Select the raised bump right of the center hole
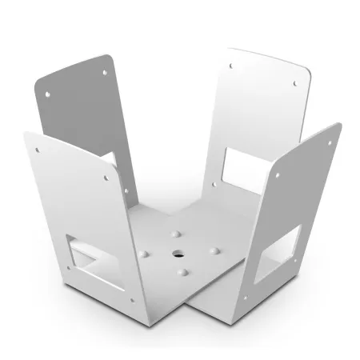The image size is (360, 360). [212, 250]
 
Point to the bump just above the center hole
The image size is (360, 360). [174, 234]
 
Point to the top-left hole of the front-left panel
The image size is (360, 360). [35, 150]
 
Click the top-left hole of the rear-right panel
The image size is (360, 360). [233, 66]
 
